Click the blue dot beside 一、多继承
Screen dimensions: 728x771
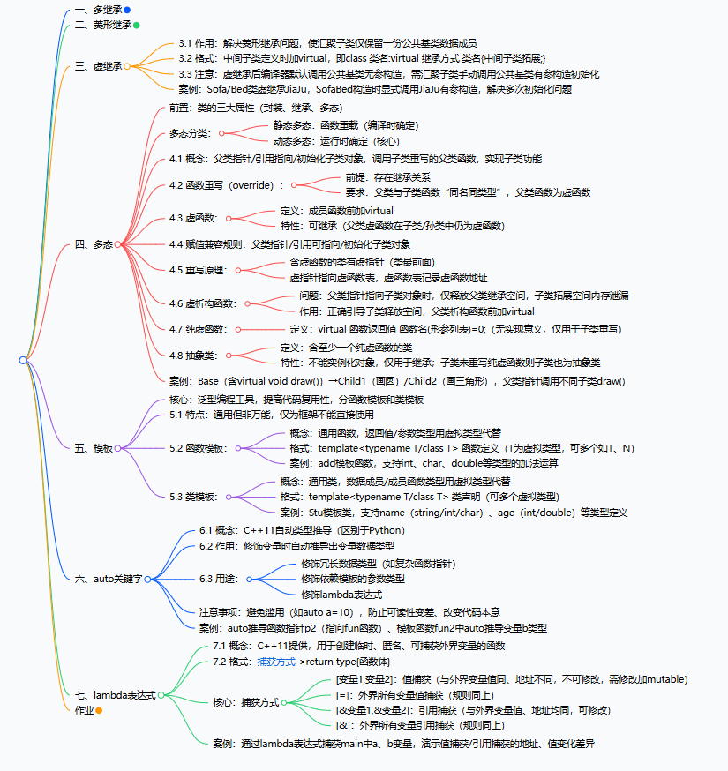tap(127, 10)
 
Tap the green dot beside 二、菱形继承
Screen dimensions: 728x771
tap(136, 26)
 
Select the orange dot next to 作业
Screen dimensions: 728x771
tap(100, 710)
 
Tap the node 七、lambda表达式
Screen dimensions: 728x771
tap(116, 695)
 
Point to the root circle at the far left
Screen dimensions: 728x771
tap(23, 360)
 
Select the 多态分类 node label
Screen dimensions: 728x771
tap(190, 133)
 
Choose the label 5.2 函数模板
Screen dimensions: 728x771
tap(199, 448)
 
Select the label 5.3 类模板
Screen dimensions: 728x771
tap(193, 497)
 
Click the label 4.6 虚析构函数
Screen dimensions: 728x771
tap(203, 303)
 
